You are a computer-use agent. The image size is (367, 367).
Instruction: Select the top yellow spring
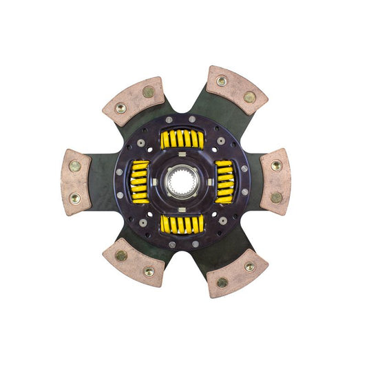[x=182, y=139]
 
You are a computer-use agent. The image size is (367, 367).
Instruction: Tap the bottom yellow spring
[x=182, y=224]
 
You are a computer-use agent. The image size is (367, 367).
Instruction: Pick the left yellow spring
[x=140, y=182]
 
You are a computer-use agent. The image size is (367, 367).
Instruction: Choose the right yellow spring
[x=225, y=182]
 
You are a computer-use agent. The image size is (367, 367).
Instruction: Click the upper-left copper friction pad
[x=134, y=101]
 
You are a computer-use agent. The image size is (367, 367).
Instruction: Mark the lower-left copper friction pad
[x=134, y=262]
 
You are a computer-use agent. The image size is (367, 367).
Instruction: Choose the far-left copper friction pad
[x=76, y=182]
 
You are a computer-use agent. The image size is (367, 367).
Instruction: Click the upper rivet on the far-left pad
[x=74, y=166]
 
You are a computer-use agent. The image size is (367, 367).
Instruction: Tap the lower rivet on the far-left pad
[x=74, y=198]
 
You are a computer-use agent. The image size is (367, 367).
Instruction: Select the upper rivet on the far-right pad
[x=276, y=166]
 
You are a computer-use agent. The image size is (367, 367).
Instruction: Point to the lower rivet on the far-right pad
[x=276, y=198]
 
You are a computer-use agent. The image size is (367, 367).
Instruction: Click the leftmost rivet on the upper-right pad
[x=222, y=81]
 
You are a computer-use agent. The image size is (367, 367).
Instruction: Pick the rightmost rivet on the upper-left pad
[x=148, y=92]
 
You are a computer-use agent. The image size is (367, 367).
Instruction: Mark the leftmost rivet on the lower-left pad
[x=120, y=255]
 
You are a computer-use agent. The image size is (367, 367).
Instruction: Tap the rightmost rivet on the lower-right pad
[x=250, y=266]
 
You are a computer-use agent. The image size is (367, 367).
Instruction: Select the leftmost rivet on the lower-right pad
[x=222, y=282]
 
